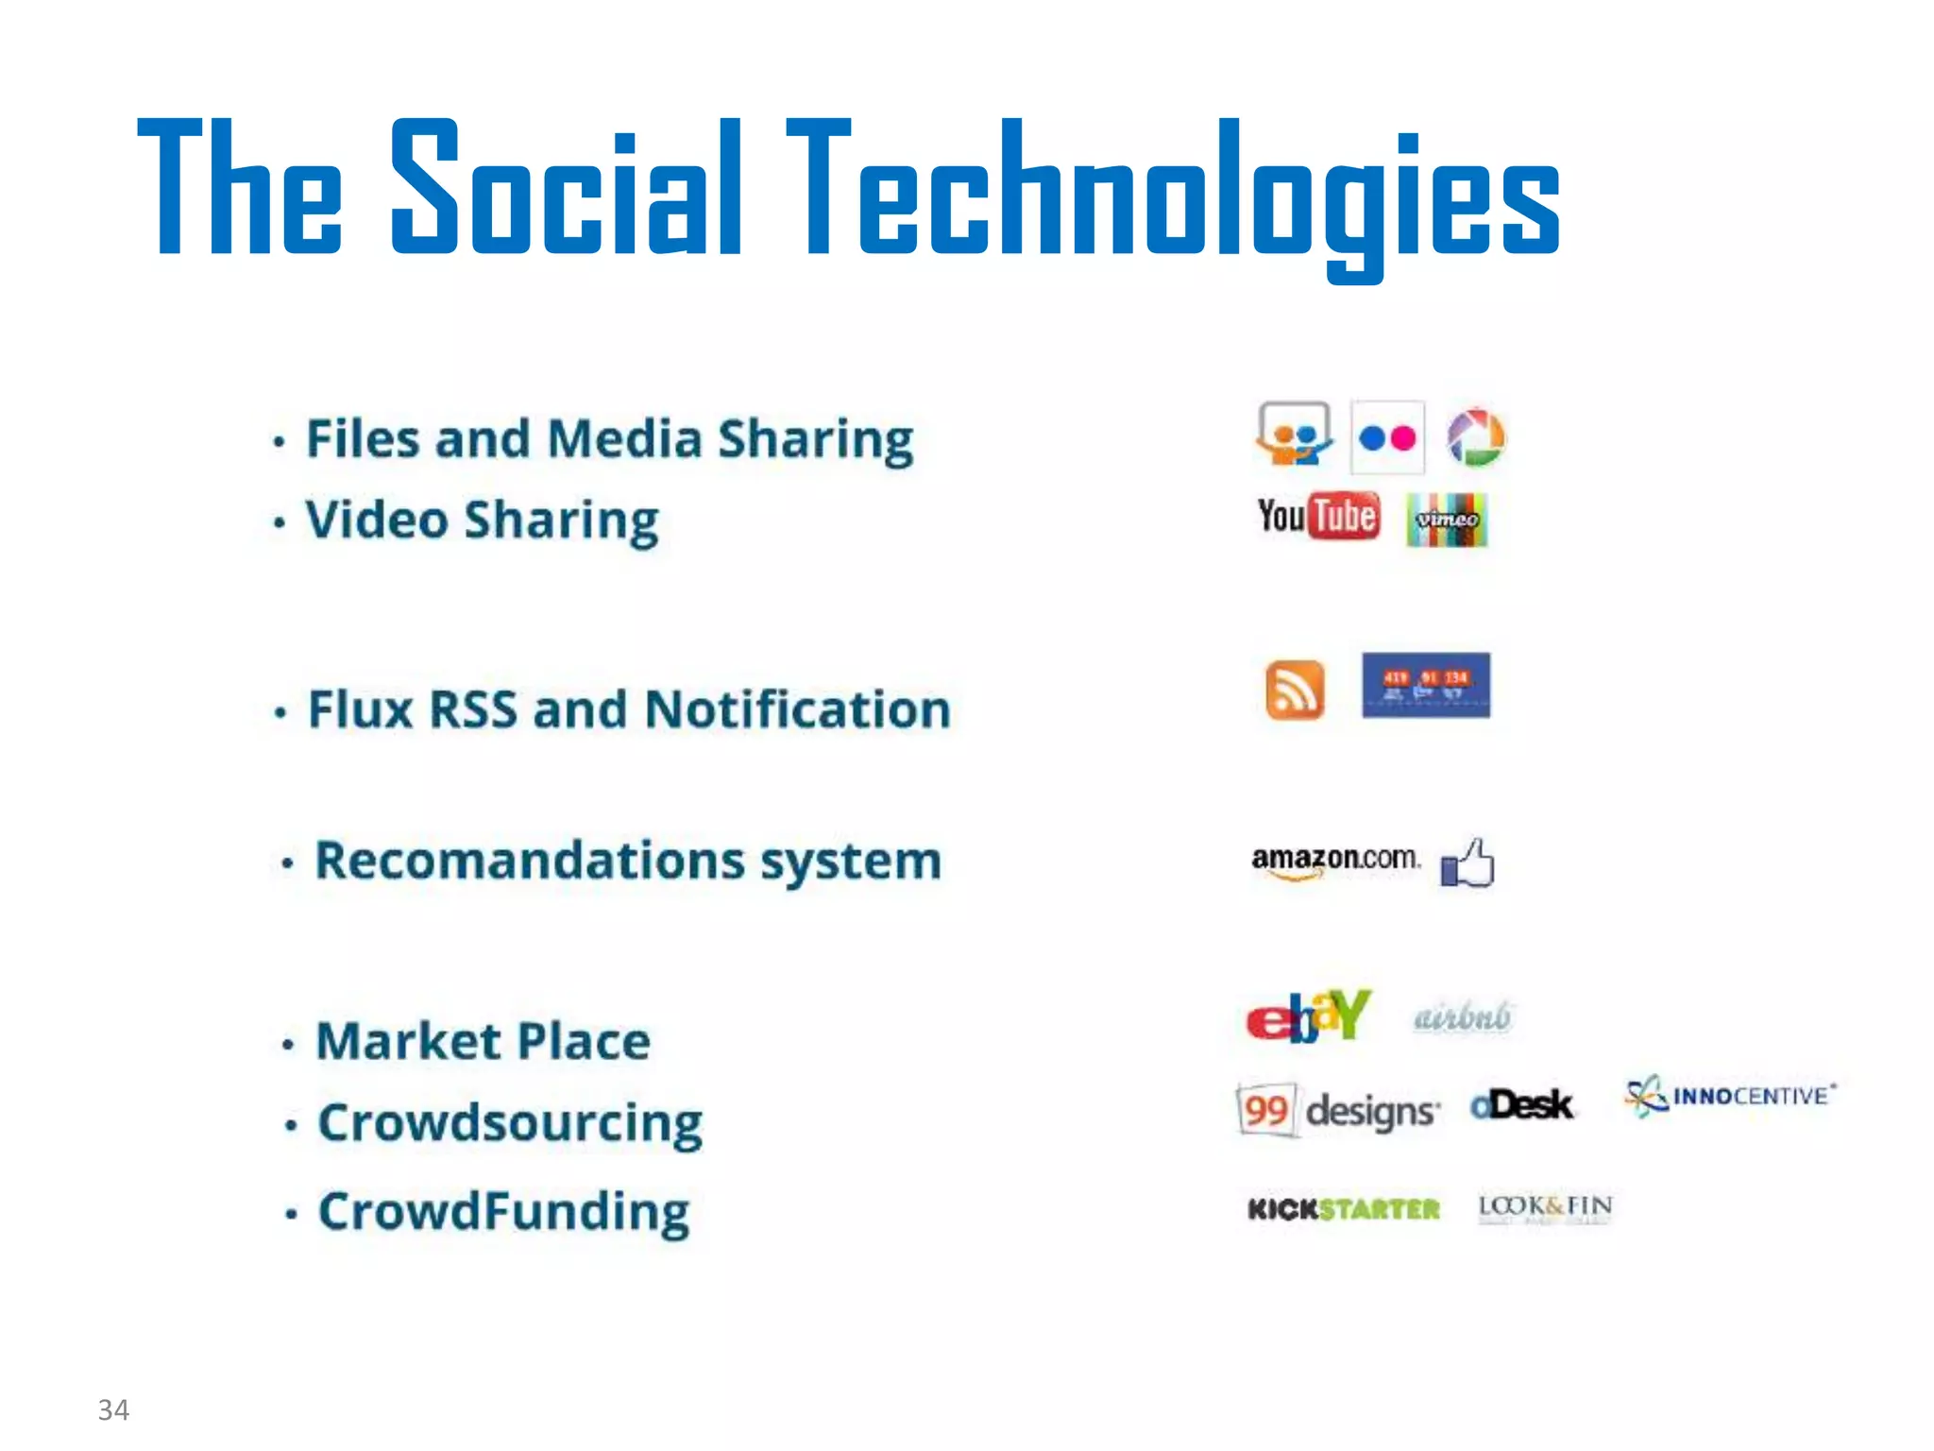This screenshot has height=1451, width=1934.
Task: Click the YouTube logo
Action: tap(1317, 517)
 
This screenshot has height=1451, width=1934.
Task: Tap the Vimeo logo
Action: tap(1446, 520)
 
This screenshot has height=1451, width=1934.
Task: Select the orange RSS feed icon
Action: tap(1294, 690)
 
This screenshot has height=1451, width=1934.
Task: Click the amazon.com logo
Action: tap(1335, 860)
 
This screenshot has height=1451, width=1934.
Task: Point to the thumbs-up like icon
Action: tap(1467, 862)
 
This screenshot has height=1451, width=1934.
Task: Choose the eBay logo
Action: tap(1308, 1016)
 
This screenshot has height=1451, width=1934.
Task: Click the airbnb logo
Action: tap(1462, 1017)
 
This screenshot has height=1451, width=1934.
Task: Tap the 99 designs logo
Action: tap(1339, 1110)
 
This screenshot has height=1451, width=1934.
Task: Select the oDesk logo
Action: tap(1521, 1104)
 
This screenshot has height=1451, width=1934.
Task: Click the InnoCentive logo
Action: tap(1730, 1096)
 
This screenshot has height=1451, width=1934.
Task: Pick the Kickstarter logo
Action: tap(1343, 1209)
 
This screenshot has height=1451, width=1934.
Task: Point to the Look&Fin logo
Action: tap(1545, 1207)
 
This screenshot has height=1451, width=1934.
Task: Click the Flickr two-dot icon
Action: tap(1387, 438)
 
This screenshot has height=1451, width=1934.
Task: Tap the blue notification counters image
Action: tap(1426, 685)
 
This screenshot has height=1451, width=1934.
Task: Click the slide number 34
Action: tap(113, 1409)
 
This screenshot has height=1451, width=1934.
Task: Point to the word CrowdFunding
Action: tap(503, 1212)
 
